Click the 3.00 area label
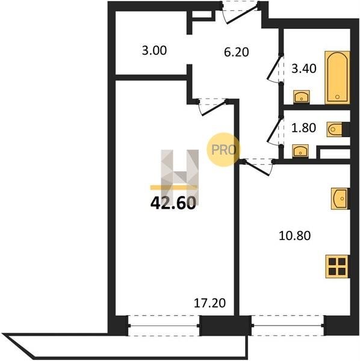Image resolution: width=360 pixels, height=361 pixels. (154, 51)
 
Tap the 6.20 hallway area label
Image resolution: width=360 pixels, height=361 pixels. (237, 52)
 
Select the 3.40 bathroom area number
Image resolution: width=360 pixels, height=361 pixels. (304, 69)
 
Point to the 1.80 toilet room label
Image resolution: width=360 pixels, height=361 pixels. (303, 128)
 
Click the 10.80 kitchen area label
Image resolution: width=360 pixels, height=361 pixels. (294, 235)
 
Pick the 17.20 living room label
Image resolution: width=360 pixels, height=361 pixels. (209, 303)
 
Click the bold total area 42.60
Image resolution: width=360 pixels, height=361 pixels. (173, 203)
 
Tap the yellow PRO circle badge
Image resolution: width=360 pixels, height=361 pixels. (223, 150)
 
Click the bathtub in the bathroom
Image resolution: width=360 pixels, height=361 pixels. (337, 78)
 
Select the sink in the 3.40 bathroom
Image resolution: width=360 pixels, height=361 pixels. (301, 96)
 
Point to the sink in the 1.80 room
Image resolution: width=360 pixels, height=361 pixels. (300, 151)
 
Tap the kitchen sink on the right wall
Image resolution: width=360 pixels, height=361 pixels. (340, 199)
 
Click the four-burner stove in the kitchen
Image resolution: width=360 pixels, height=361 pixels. (337, 267)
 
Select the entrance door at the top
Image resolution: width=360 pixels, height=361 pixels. (240, 13)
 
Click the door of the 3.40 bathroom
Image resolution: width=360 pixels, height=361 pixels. (275, 69)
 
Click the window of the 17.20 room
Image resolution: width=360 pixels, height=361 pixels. (164, 326)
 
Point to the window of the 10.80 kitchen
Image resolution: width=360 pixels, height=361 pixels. (287, 326)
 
